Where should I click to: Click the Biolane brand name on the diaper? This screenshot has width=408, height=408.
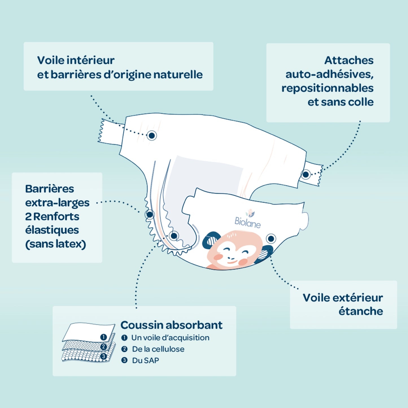[248, 222]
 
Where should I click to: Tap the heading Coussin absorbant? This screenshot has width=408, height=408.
[171, 325]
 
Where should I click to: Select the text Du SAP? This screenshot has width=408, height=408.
[145, 361]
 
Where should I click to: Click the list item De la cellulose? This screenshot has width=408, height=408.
[158, 349]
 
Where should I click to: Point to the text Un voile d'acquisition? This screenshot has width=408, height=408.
[170, 338]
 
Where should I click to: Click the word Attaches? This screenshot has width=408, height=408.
[349, 60]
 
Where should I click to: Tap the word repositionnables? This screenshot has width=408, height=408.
[327, 88]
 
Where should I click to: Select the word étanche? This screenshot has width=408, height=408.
[361, 311]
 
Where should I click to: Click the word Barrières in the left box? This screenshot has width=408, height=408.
[49, 189]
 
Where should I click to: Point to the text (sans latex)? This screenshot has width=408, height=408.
[56, 244]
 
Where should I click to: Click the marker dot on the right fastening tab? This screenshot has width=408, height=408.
[306, 174]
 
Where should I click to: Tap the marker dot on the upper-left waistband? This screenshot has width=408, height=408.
[152, 136]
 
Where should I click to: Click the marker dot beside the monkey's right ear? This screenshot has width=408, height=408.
[271, 239]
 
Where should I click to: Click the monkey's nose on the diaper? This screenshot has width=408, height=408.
[231, 258]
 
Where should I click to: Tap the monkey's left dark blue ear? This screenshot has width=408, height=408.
[210, 240]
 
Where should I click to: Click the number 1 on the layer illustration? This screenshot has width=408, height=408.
[103, 337]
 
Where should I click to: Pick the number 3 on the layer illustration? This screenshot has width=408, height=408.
[103, 356]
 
